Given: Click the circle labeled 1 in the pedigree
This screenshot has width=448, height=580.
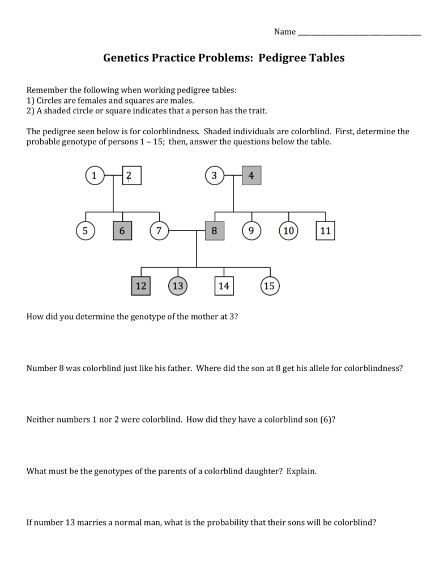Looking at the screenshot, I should tap(95, 176).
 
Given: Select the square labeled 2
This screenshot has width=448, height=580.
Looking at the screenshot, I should tap(131, 176).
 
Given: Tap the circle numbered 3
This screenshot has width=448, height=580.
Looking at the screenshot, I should tap(215, 176).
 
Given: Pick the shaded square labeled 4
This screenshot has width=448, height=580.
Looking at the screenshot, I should tap(251, 176).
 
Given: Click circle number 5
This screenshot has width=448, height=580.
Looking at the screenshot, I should tap(85, 231).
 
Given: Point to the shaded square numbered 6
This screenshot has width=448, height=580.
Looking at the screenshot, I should tap(122, 231).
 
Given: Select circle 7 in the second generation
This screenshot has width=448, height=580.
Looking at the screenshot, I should tap(159, 231).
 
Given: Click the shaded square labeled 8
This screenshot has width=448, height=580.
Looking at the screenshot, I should tap(215, 231).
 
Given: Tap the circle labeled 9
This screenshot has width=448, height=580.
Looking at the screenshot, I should tap(251, 231).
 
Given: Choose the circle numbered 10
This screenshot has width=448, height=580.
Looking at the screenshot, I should tap(289, 231).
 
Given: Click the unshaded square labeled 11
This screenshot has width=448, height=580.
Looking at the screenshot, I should tap(326, 231).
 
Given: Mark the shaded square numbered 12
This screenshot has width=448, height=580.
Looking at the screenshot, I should tap(141, 286).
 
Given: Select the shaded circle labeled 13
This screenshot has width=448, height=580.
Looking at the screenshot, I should tap(178, 286).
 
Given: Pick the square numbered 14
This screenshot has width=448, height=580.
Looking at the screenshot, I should tap(224, 286).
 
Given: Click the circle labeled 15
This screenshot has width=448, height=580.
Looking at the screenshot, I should tap(270, 286).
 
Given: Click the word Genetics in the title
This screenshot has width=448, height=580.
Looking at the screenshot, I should tap(126, 58).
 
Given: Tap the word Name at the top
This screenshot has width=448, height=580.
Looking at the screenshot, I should tap(285, 32).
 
